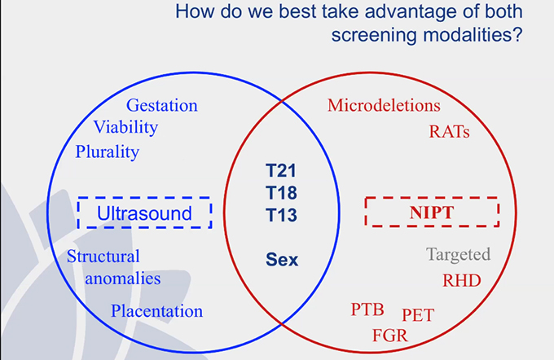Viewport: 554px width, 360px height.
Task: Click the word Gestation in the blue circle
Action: (x=162, y=106)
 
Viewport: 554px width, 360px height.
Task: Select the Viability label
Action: (x=125, y=128)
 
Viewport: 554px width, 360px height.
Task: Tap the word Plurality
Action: (x=108, y=151)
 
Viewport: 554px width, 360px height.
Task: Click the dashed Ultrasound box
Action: (x=144, y=213)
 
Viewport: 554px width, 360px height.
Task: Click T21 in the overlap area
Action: (x=282, y=171)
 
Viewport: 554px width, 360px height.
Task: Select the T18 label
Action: (x=282, y=194)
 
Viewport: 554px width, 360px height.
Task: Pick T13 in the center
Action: (x=282, y=217)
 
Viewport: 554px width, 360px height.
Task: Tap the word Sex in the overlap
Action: (x=282, y=261)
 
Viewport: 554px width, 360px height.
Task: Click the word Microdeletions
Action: (x=384, y=106)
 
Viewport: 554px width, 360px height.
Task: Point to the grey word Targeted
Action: (x=459, y=255)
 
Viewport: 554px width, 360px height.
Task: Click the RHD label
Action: (x=461, y=281)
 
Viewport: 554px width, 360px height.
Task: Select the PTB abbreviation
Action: (x=367, y=310)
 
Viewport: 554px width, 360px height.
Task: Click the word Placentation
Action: (x=157, y=310)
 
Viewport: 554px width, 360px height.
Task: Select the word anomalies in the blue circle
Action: (x=114, y=279)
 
